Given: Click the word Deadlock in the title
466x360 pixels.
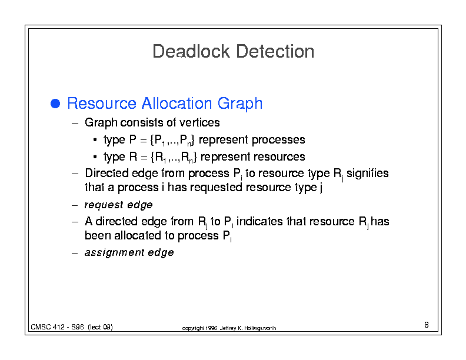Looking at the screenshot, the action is pos(191,51).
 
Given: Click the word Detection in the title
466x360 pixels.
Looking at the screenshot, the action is pos(275,51).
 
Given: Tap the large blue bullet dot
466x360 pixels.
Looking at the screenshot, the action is pos(55,104).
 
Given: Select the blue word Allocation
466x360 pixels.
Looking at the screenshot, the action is pos(177,103).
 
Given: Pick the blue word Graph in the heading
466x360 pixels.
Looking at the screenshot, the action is pos(240,104).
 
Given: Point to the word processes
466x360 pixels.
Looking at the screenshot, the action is pos(278,140).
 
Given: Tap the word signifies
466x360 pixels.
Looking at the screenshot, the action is pos(368,173).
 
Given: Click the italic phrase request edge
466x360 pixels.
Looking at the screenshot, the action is pos(119,205).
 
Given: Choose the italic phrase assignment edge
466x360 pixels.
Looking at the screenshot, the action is pos(129,252).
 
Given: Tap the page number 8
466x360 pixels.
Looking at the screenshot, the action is pos(427,325).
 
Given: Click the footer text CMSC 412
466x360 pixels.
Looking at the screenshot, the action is pos(48,327).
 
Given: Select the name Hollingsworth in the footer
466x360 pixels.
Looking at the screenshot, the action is pos(260,328).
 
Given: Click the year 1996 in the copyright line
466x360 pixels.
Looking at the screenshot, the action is pos(211,328).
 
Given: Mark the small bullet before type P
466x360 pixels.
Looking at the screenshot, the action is pos(95,139).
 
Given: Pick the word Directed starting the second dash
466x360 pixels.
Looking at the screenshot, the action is pos(106,173).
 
